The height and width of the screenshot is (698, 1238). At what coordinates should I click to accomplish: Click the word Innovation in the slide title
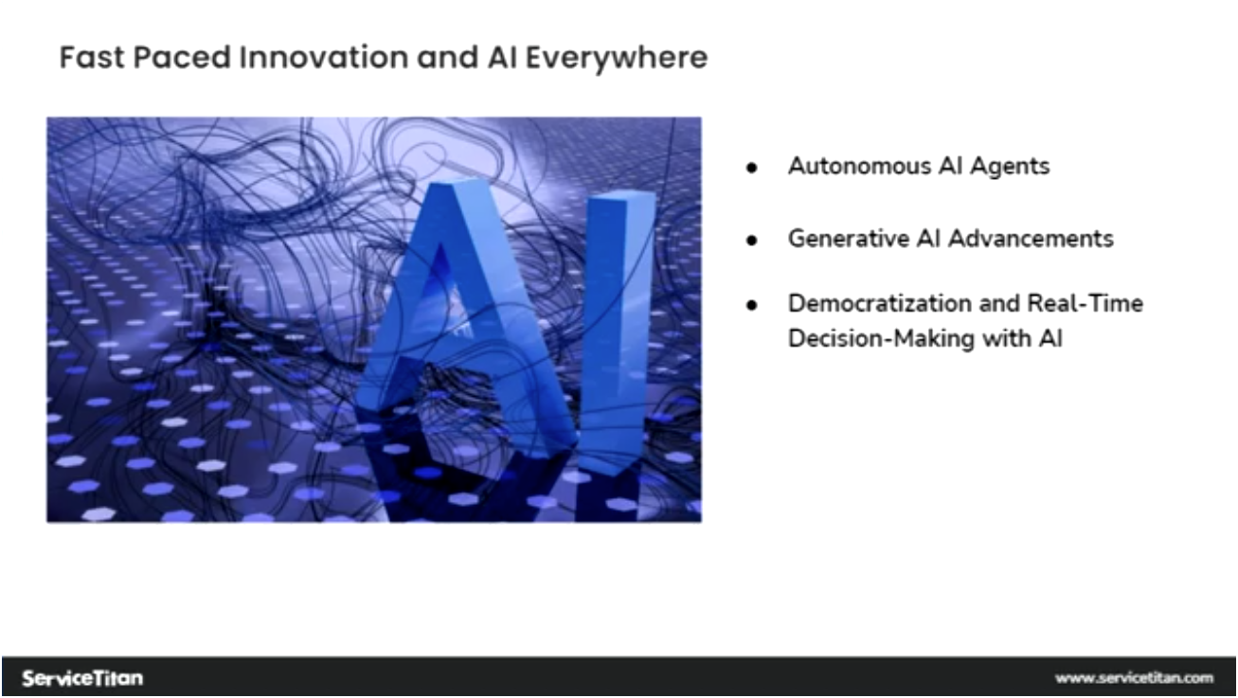click(324, 57)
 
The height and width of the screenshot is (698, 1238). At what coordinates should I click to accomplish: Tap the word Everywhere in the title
click(617, 59)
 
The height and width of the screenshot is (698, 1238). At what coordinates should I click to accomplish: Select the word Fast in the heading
click(92, 57)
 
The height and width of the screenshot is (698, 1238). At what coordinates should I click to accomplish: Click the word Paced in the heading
click(182, 57)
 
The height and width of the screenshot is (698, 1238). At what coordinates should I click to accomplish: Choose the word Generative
click(849, 239)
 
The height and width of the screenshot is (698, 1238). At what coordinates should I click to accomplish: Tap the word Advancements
click(1032, 239)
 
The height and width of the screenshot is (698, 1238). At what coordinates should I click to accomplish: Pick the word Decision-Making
click(881, 339)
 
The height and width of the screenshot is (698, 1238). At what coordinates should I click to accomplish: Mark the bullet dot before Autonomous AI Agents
click(752, 168)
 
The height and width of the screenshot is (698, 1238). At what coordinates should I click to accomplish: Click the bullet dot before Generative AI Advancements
click(752, 241)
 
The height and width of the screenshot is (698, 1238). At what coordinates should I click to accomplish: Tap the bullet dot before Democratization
click(752, 305)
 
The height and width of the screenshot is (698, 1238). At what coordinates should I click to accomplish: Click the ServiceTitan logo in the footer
click(82, 677)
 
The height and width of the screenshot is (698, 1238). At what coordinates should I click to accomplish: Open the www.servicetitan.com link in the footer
click(1134, 678)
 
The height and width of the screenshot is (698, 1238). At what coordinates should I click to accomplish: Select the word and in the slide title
click(448, 57)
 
